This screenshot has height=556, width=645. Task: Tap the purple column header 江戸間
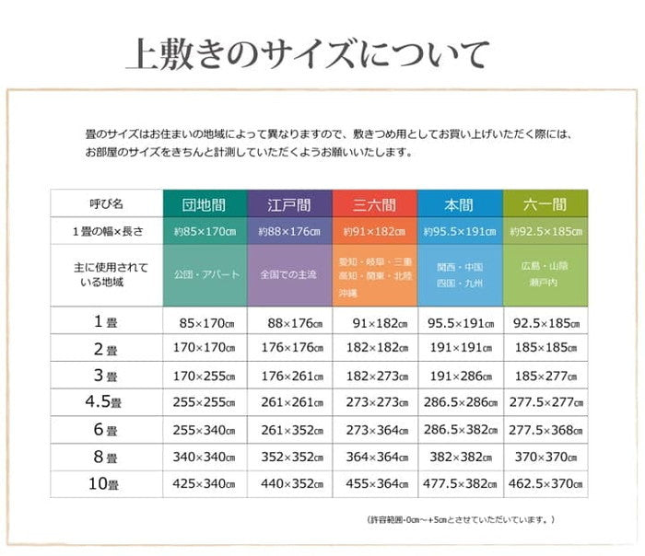(x=289, y=203)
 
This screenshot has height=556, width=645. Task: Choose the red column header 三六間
(x=374, y=203)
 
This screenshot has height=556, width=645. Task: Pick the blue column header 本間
(x=459, y=203)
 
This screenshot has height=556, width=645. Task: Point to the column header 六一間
(x=545, y=203)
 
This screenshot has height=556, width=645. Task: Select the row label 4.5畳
(x=105, y=402)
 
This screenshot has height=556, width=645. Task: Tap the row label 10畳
(x=105, y=484)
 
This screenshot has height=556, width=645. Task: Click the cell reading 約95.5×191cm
(x=459, y=230)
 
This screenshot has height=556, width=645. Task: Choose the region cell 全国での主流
(x=289, y=274)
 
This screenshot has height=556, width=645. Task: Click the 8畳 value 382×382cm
(x=459, y=457)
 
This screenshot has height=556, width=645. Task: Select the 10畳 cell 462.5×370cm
(x=545, y=484)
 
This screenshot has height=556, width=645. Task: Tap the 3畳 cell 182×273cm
(x=374, y=375)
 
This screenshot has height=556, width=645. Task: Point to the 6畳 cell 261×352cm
(x=289, y=430)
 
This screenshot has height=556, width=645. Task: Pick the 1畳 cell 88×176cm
(x=289, y=322)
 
